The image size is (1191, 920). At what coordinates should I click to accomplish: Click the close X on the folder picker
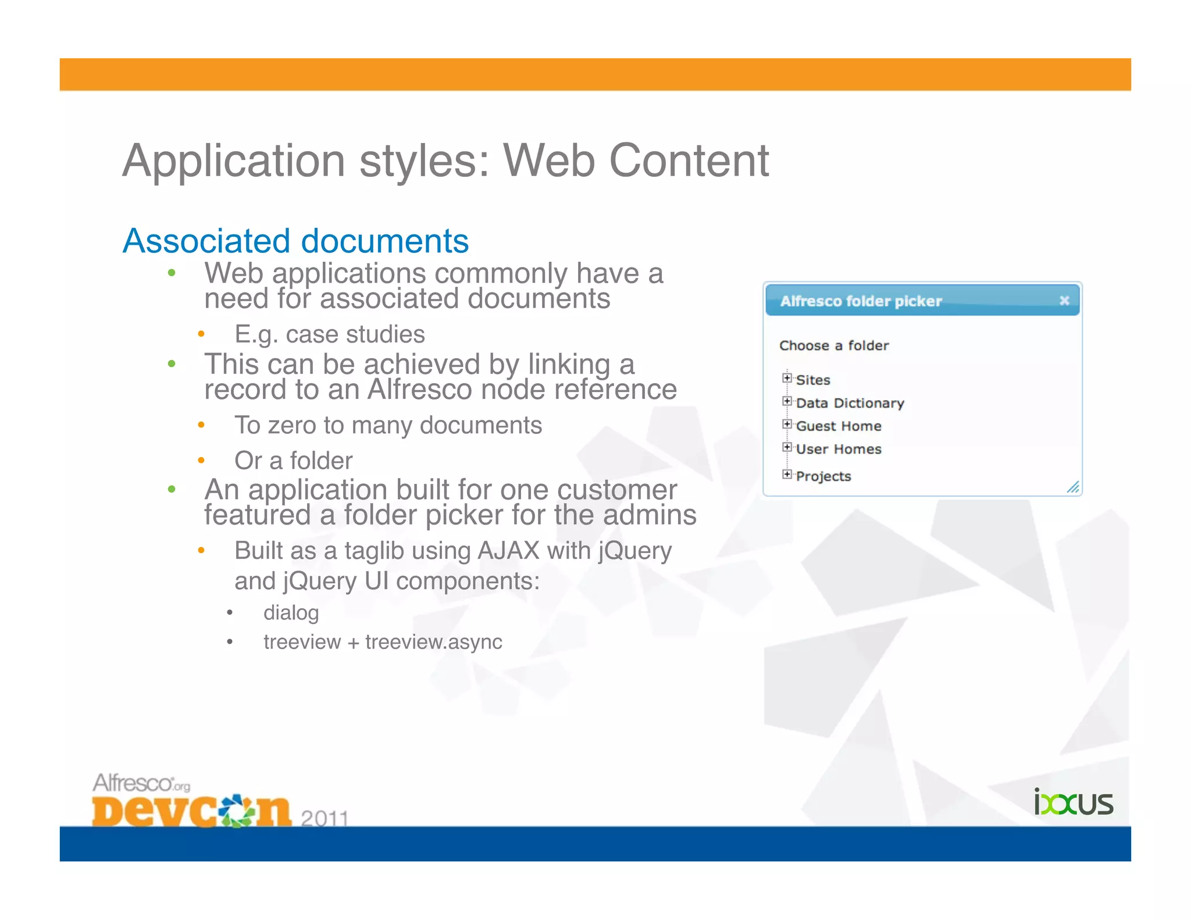pyautogui.click(x=1064, y=301)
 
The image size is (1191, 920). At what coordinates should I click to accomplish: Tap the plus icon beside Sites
pyautogui.click(x=787, y=378)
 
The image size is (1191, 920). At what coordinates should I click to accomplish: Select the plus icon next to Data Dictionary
pyautogui.click(x=787, y=401)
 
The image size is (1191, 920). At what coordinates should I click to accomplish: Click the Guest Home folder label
pyautogui.click(x=838, y=426)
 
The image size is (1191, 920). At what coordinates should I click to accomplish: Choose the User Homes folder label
pyautogui.click(x=838, y=450)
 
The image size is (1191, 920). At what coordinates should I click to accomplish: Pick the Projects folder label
pyautogui.click(x=823, y=476)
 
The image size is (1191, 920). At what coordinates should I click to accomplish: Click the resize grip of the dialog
pyautogui.click(x=1073, y=487)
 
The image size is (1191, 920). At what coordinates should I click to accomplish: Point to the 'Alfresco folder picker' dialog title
pyautogui.click(x=861, y=301)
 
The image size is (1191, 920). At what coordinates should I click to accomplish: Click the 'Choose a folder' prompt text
pyautogui.click(x=833, y=345)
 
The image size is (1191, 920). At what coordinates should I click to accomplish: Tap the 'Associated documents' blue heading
pyautogui.click(x=295, y=241)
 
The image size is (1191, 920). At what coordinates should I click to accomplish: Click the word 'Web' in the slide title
pyautogui.click(x=548, y=161)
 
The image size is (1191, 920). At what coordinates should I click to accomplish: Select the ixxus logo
pyautogui.click(x=1073, y=803)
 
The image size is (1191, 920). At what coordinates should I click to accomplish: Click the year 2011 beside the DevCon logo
pyautogui.click(x=325, y=818)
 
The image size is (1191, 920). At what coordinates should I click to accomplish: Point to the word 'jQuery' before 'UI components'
pyautogui.click(x=319, y=581)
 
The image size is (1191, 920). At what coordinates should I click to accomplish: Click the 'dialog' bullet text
pyautogui.click(x=291, y=613)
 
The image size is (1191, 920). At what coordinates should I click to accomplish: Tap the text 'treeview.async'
pyautogui.click(x=433, y=642)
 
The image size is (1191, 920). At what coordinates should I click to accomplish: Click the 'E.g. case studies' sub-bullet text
pyautogui.click(x=329, y=334)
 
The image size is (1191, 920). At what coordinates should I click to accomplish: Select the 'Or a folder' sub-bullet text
pyautogui.click(x=293, y=461)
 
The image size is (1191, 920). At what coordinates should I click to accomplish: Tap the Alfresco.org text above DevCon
pyautogui.click(x=141, y=783)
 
